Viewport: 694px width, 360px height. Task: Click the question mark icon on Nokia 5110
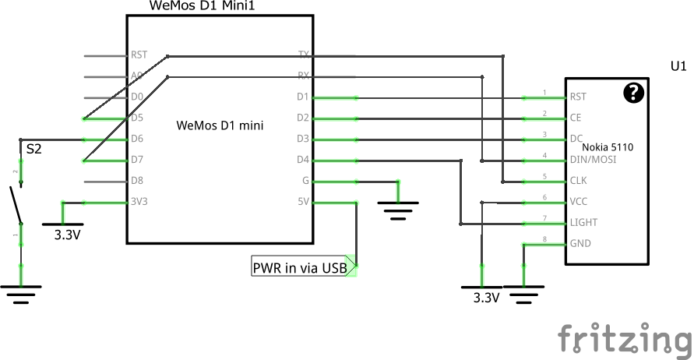click(635, 94)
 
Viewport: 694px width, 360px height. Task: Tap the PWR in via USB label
click(300, 268)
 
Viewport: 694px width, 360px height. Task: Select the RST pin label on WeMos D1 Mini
click(139, 55)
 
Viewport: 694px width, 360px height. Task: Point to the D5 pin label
click(137, 118)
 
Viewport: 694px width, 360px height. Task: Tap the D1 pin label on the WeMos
click(302, 97)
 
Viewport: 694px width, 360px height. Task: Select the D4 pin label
click(302, 161)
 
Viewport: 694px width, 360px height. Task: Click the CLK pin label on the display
click(579, 181)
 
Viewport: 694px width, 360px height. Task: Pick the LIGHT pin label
click(583, 223)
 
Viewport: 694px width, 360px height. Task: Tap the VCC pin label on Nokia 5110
click(579, 202)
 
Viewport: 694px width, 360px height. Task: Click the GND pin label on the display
click(580, 244)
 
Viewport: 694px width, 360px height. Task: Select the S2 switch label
click(34, 148)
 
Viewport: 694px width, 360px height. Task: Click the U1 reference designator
click(678, 66)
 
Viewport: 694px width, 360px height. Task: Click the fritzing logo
click(625, 340)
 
